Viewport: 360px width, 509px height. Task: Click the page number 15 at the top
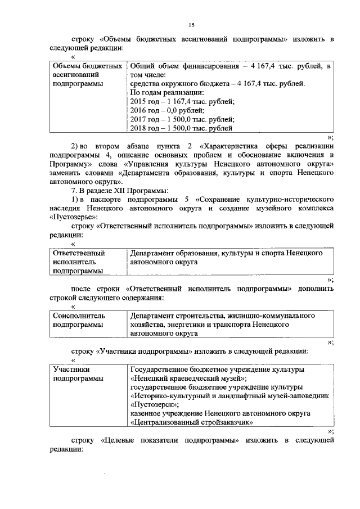pos(191,25)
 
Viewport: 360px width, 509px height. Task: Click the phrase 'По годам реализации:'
pos(166,92)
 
